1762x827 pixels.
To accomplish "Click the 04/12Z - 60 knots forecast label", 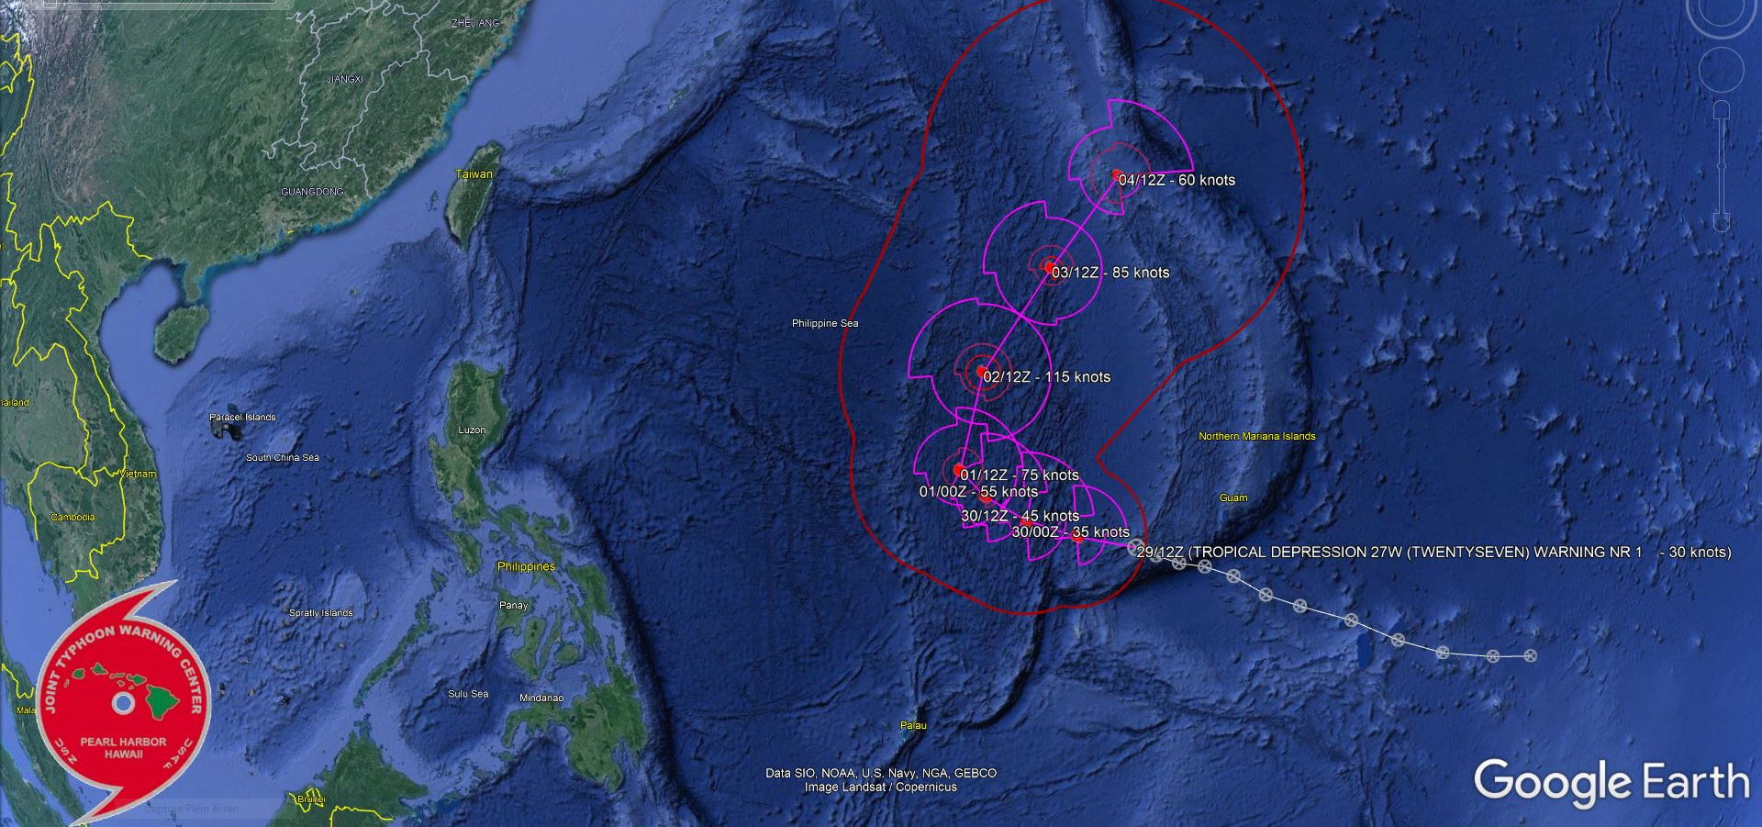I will (x=1177, y=181).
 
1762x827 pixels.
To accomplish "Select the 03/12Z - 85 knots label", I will (x=1110, y=273).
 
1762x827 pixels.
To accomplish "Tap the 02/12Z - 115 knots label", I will (x=1046, y=377).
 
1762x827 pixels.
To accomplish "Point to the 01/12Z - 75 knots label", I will (x=1020, y=475).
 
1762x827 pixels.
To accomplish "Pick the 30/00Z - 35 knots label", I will (x=1070, y=532).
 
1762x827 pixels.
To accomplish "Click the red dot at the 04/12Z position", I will (x=1116, y=174).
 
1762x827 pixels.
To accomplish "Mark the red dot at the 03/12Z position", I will (x=1050, y=268).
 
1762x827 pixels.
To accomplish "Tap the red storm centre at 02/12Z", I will (x=981, y=372).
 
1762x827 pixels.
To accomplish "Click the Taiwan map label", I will (x=474, y=174).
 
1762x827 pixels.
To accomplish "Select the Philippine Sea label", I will (x=825, y=323).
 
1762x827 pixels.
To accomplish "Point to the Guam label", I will (x=1232, y=497).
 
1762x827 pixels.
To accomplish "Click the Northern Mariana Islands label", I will (x=1256, y=436).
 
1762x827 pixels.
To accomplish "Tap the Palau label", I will (x=913, y=725).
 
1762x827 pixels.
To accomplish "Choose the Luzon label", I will (x=472, y=430).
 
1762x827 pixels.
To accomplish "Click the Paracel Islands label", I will (x=242, y=418).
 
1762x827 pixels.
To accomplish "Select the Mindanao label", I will (x=541, y=698).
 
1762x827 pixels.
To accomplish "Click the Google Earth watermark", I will (x=1611, y=782).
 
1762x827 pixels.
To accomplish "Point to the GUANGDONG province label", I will (x=312, y=192).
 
